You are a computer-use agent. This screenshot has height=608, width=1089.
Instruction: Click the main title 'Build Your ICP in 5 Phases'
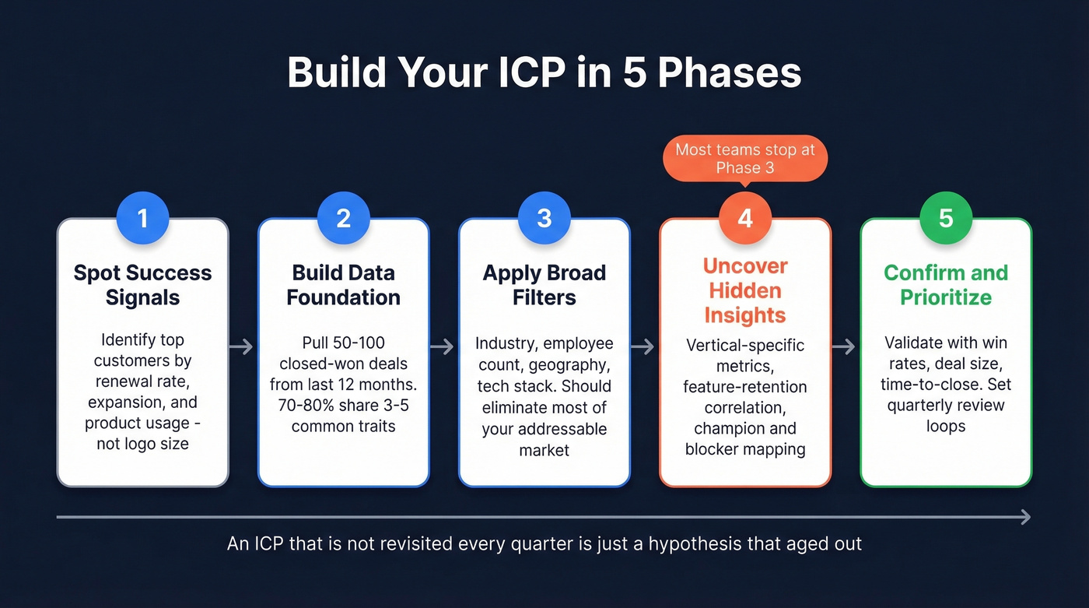pyautogui.click(x=544, y=73)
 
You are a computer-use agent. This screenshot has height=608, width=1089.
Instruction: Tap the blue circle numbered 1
pyautogui.click(x=142, y=218)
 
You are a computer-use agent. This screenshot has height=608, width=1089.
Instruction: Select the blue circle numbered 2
pyautogui.click(x=343, y=218)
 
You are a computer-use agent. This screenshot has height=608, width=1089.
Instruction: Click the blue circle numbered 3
pyautogui.click(x=544, y=218)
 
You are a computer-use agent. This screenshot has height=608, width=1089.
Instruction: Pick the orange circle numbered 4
pyautogui.click(x=744, y=218)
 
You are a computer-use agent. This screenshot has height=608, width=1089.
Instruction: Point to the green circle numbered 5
pyautogui.click(x=945, y=218)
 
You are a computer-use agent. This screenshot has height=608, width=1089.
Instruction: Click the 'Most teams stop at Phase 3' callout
pyautogui.click(x=744, y=159)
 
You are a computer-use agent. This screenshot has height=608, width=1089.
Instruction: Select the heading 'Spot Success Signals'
pyautogui.click(x=142, y=285)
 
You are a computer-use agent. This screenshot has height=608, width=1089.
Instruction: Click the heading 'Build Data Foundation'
pyautogui.click(x=343, y=285)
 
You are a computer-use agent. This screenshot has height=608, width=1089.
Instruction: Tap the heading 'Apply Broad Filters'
pyautogui.click(x=544, y=285)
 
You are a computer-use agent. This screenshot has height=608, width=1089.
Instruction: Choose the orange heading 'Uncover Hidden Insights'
pyautogui.click(x=744, y=290)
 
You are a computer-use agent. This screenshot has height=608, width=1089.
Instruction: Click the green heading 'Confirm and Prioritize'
pyautogui.click(x=945, y=285)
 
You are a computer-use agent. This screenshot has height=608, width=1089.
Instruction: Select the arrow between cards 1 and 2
pyautogui.click(x=243, y=347)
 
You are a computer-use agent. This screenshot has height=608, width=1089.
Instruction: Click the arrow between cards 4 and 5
pyautogui.click(x=845, y=347)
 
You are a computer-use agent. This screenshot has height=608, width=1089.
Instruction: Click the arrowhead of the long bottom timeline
pyautogui.click(x=1026, y=517)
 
